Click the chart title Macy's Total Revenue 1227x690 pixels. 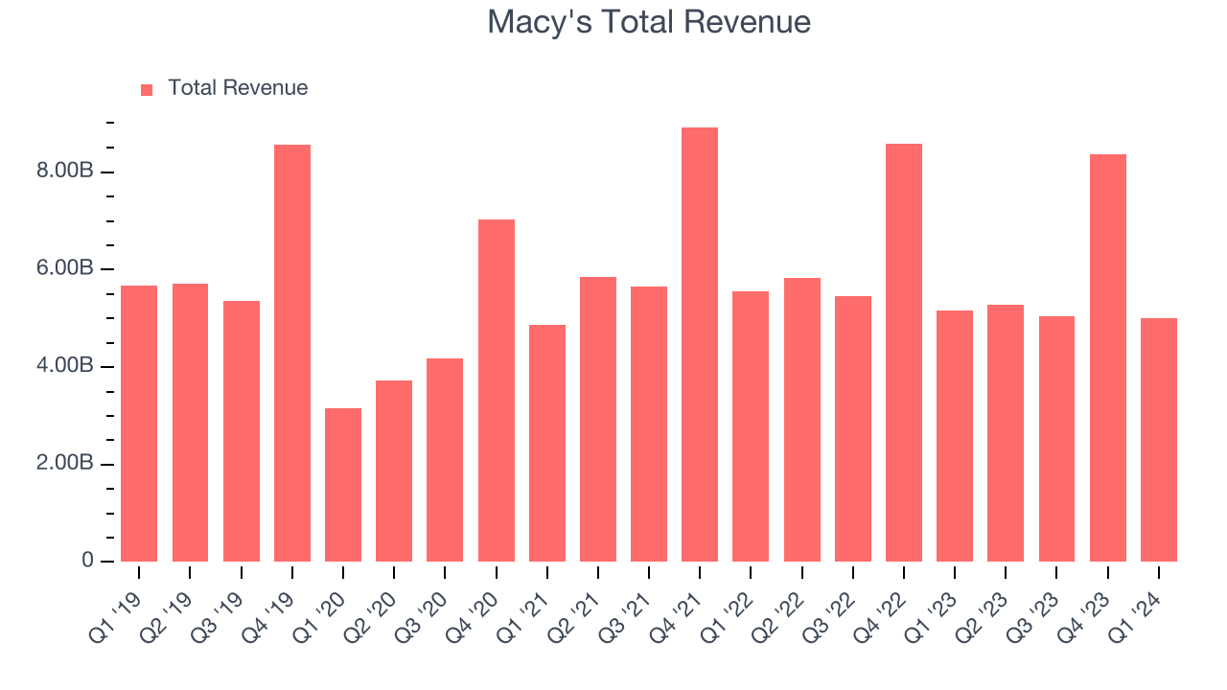pos(649,22)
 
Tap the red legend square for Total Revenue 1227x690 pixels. pos(147,89)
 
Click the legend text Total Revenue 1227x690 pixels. pos(238,88)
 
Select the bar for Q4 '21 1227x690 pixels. pos(700,345)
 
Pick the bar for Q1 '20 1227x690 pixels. pos(343,485)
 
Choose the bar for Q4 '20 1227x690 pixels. pos(497,390)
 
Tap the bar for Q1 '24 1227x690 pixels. pos(1159,440)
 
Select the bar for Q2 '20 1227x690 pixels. pos(394,471)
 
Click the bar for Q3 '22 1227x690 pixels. pos(853,428)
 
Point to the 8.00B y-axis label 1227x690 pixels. pos(65,172)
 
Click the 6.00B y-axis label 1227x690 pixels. pos(65,269)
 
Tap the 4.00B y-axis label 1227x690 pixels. pos(65,366)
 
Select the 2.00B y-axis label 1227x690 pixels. pos(65,464)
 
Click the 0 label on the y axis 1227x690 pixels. pos(87,561)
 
